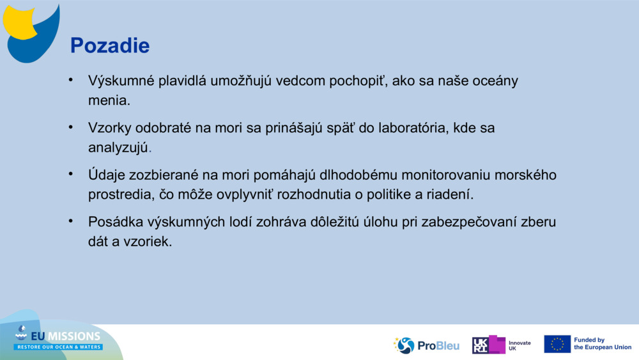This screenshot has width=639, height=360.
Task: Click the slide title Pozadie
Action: coord(109,45)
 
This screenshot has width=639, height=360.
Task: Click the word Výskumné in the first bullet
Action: coord(116,81)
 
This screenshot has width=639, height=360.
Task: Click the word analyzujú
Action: coord(118,148)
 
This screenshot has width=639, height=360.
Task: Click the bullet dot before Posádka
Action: coord(72,221)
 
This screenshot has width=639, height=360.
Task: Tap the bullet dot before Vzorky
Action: coord(72,127)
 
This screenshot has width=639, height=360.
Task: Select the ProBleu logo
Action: coord(426,345)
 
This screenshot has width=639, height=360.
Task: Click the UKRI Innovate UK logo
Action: coord(500,345)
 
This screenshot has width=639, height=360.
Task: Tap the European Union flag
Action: coord(557,344)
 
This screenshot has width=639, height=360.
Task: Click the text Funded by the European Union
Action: coord(602,344)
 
